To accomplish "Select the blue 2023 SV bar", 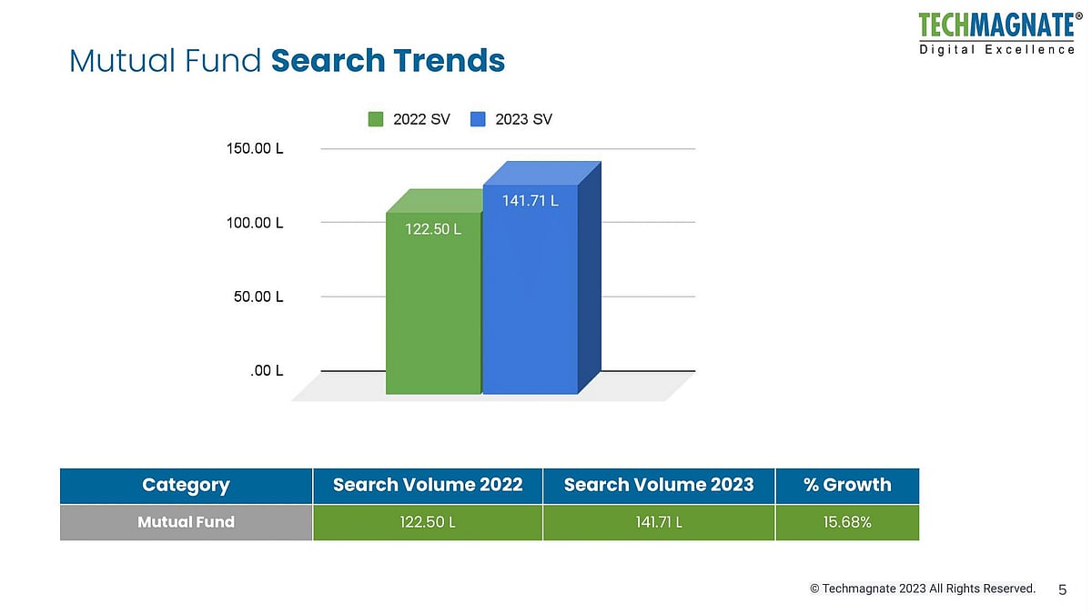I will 530,300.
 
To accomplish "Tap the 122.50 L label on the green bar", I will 433,229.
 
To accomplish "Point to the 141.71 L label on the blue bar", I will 531,201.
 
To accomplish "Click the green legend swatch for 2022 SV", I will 376,119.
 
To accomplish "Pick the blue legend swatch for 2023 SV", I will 479,119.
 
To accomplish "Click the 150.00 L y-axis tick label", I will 255,148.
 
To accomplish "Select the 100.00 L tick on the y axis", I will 255,223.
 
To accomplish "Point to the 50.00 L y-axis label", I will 258,297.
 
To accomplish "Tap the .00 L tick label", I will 267,371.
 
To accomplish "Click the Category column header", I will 186,485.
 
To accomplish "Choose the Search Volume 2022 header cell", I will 428,485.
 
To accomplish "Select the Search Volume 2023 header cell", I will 659,485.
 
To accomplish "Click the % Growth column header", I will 847,485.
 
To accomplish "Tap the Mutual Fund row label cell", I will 186,522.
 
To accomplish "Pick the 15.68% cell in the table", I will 847,522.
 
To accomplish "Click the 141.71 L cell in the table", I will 659,522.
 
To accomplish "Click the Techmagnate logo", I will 996,32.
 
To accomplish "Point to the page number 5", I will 1062,589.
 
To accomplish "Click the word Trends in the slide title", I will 449,61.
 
